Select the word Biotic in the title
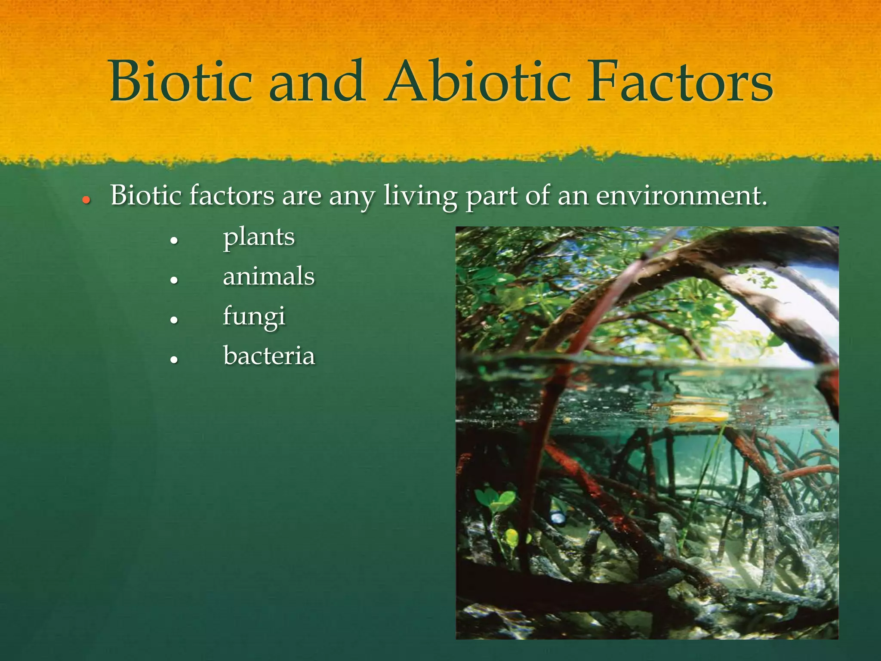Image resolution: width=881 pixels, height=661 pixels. point(181,82)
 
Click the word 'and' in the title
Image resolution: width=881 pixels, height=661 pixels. point(317,82)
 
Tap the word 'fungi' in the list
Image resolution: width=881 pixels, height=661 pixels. point(254,317)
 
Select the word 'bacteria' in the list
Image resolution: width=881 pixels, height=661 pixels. point(269,356)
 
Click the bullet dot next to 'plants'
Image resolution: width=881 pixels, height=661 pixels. point(174,241)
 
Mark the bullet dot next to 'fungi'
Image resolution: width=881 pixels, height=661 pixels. point(174,320)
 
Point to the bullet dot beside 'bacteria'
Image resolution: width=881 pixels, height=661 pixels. point(174,360)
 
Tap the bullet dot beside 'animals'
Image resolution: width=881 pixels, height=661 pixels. point(174,280)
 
